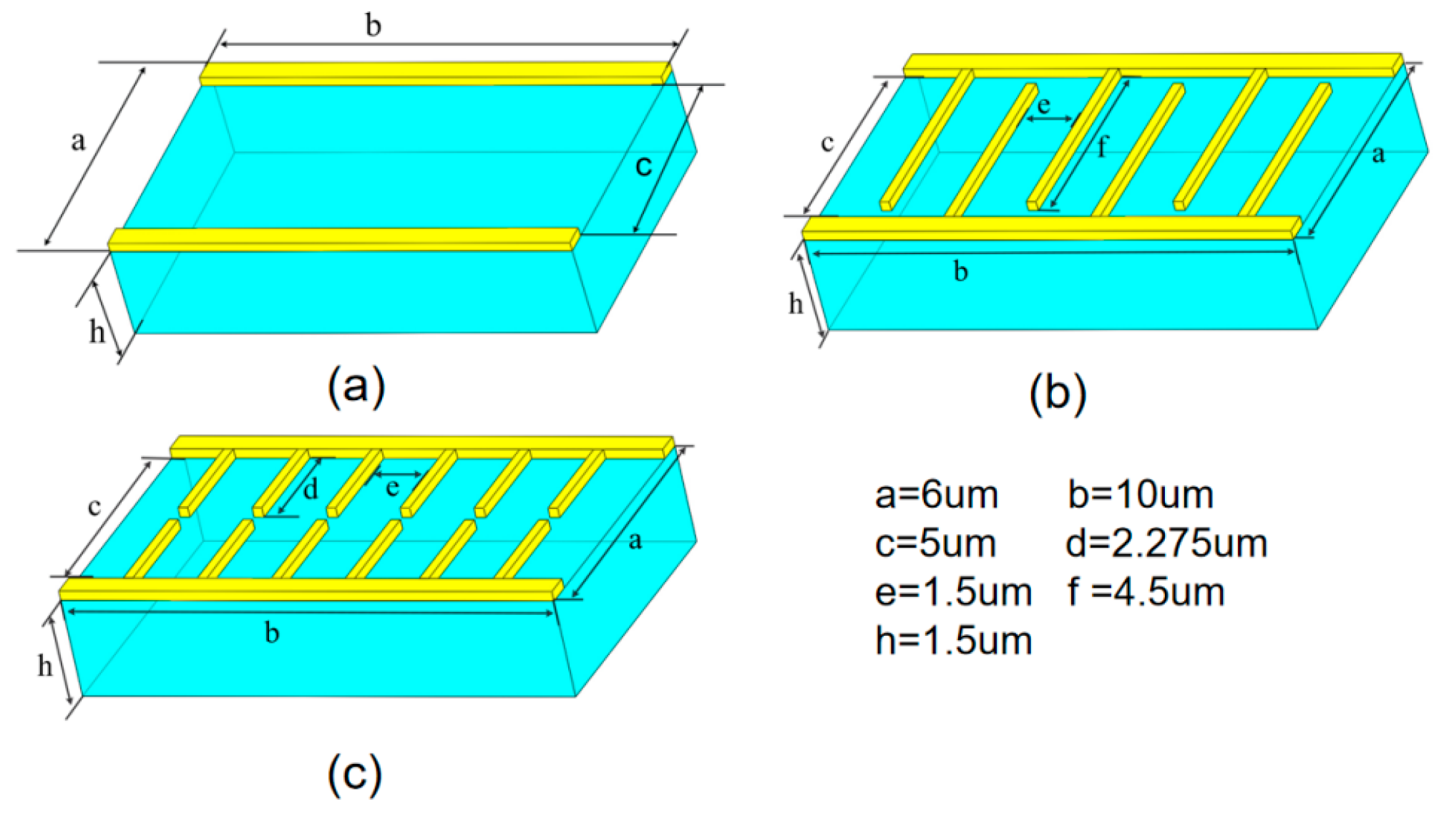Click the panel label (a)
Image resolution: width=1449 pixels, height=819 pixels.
[356, 387]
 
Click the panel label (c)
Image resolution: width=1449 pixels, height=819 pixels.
[355, 773]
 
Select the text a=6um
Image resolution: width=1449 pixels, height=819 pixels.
[936, 495]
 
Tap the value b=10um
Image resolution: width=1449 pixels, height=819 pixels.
[1141, 495]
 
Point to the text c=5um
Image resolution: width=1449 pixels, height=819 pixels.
[935, 543]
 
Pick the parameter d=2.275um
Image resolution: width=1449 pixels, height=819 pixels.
[1166, 543]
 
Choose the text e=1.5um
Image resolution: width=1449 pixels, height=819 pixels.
[953, 592]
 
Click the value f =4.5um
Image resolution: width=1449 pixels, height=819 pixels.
[1146, 592]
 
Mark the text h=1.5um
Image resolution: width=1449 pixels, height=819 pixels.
[953, 640]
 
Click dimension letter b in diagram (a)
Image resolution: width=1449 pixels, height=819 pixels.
[373, 26]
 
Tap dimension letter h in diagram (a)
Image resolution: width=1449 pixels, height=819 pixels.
[97, 332]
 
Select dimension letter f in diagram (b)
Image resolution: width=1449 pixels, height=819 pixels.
[1102, 147]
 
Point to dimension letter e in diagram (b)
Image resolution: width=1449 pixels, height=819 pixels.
[1044, 105]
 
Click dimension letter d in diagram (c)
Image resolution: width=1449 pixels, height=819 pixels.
[310, 490]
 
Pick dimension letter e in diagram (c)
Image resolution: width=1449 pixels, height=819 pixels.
[392, 488]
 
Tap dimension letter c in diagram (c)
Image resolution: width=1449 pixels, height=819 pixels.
[94, 506]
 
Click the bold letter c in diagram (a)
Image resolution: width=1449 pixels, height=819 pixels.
[643, 165]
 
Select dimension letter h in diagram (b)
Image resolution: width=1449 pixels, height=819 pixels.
[796, 304]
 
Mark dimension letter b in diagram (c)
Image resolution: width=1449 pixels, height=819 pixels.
[272, 632]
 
